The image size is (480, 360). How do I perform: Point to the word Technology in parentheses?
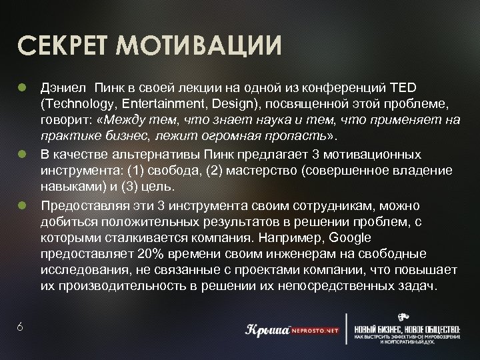click(73, 104)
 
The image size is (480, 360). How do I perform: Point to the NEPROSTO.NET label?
click(313, 329)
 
